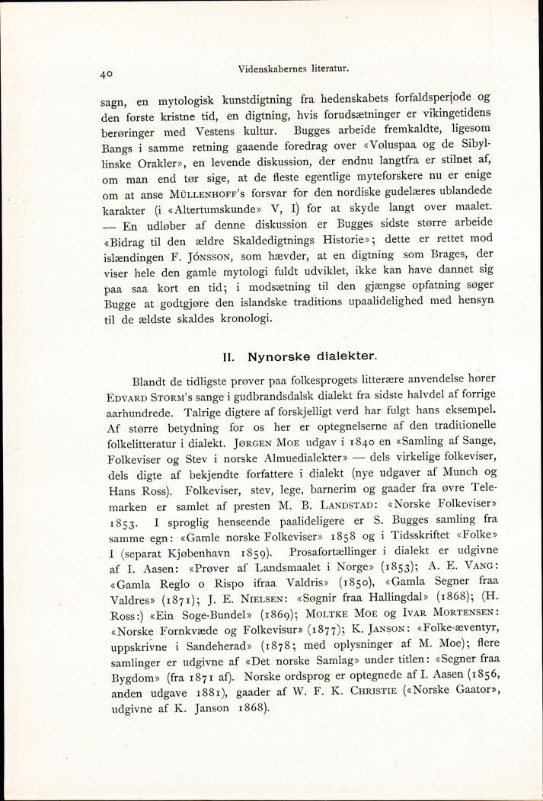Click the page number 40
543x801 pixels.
pyautogui.click(x=107, y=75)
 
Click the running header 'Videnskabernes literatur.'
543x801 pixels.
pyautogui.click(x=293, y=68)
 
